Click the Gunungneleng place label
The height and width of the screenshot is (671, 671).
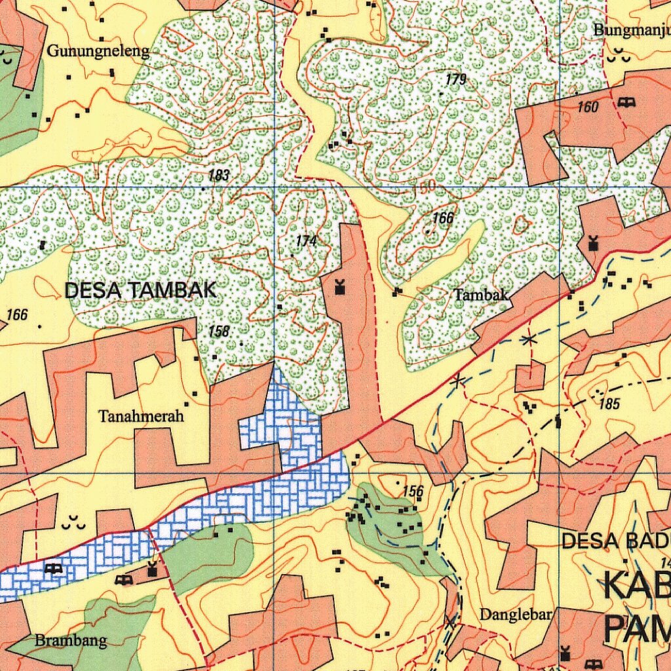pos(99,51)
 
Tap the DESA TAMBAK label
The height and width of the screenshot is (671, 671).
pos(140,290)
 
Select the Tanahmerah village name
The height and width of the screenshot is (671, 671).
pos(142,416)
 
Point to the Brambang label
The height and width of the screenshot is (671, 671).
pos(71,640)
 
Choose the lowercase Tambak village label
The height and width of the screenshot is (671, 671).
pos(482,295)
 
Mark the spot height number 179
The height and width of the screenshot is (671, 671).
pos(455,80)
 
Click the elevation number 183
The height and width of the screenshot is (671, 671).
pos(219,176)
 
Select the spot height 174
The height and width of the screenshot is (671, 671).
pos(306,241)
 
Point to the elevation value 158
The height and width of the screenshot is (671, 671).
pos(219,332)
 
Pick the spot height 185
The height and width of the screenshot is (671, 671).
pos(609,404)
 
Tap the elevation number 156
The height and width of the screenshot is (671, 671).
pos(413,491)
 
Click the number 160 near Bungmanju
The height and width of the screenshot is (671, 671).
pos(588,107)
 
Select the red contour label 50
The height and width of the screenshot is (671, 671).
pos(427,187)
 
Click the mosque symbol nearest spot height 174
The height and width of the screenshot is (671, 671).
pos(339,286)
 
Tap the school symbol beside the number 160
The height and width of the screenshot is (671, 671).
pos(626,102)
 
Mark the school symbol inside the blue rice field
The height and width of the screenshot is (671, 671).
pos(53,569)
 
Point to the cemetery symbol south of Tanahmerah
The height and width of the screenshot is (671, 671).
pos(73,523)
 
